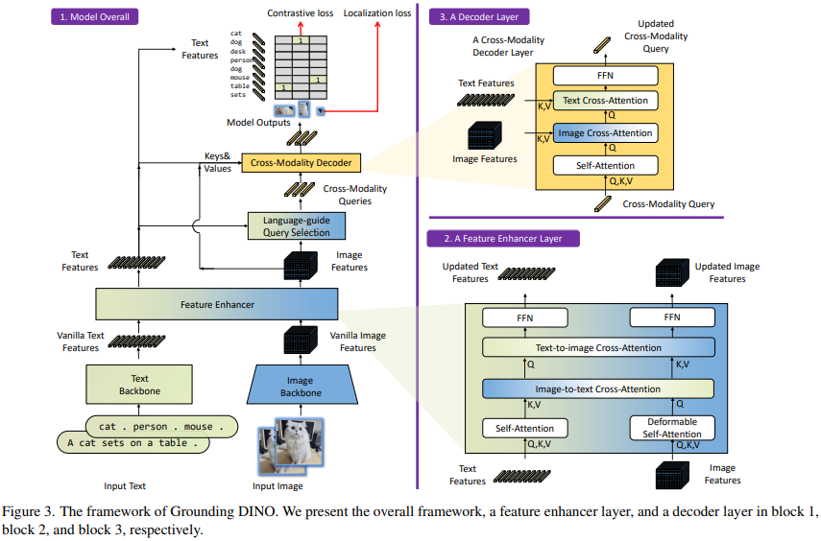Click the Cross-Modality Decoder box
coord(302,162)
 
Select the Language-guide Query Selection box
coord(296,226)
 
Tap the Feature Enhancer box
coord(217,304)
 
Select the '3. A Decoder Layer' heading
coord(486,16)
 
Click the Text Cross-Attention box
coord(605,100)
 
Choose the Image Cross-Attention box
coord(605,133)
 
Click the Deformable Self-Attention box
coord(672,428)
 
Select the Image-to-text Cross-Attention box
coord(598,388)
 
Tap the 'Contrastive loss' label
coord(301,12)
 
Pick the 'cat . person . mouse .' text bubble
coord(160,425)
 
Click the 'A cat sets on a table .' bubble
coord(133,443)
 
